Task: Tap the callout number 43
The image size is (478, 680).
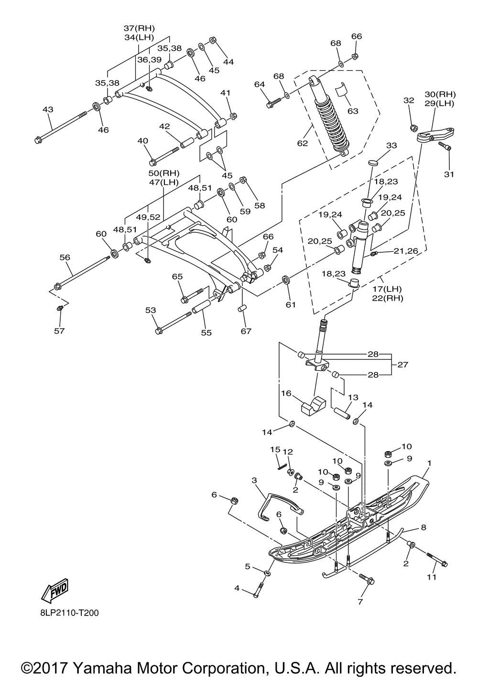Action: pyautogui.click(x=48, y=109)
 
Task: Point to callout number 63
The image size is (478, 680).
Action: pyautogui.click(x=353, y=111)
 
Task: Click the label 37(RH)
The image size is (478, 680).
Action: pyautogui.click(x=139, y=28)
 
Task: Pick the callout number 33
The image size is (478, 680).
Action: pyautogui.click(x=391, y=145)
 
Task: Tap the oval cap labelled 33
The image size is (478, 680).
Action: pyautogui.click(x=373, y=163)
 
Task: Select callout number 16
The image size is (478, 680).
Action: pyautogui.click(x=286, y=393)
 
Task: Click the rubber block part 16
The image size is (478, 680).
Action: pyautogui.click(x=313, y=406)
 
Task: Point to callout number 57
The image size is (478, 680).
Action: pyautogui.click(x=60, y=330)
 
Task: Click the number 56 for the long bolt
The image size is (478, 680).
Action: pyautogui.click(x=65, y=257)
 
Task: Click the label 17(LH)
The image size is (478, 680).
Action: pyautogui.click(x=387, y=289)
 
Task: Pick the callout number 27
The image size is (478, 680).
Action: pyautogui.click(x=402, y=364)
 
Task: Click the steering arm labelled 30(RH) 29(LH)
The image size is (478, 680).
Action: pyautogui.click(x=435, y=134)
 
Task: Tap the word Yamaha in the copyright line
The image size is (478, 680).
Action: pyautogui.click(x=102, y=669)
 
